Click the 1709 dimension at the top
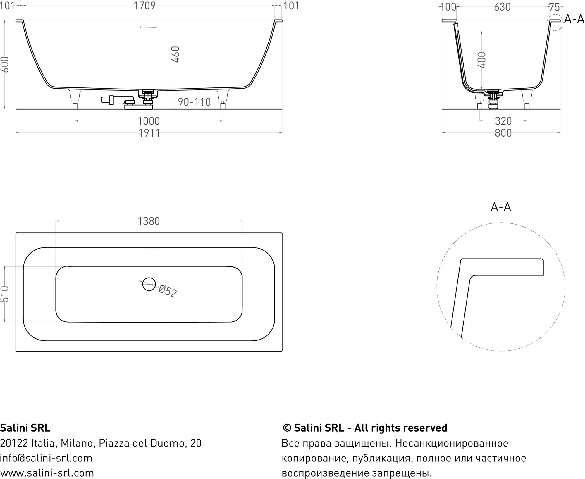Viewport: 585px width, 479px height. click(x=144, y=6)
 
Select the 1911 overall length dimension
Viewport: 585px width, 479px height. click(x=149, y=133)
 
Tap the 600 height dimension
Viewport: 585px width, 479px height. click(x=5, y=64)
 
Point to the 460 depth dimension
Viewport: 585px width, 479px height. click(x=175, y=54)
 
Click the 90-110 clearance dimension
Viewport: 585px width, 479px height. click(x=194, y=102)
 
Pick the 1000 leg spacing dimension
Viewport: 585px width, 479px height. click(x=149, y=121)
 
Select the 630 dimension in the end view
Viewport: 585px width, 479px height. click(x=502, y=7)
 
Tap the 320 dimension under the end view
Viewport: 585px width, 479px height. click(x=503, y=121)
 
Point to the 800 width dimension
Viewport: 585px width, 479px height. click(x=503, y=133)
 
